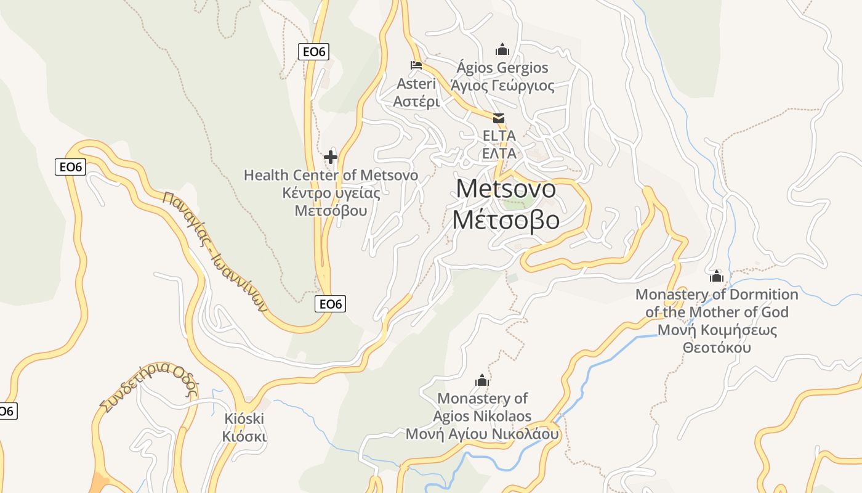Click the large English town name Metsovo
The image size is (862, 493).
tap(506, 189)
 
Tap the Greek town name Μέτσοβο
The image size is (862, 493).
tap(506, 220)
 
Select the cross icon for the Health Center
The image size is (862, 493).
tap(331, 157)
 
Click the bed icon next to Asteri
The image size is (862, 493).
tap(416, 65)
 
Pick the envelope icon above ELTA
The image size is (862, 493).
tap(498, 118)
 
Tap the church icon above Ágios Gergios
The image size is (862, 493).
tap(502, 49)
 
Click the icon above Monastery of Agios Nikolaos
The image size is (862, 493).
tap(481, 380)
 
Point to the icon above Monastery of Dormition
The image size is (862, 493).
tap(716, 275)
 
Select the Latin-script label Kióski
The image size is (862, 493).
tap(244, 419)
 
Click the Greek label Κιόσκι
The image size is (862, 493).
tap(244, 436)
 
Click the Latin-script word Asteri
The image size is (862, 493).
tap(416, 84)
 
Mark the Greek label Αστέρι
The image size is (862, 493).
tap(416, 101)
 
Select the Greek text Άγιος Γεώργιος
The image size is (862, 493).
tap(502, 85)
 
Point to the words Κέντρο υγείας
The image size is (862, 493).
tap(331, 193)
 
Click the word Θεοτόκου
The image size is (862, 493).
tap(717, 347)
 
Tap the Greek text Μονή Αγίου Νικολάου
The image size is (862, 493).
tap(482, 434)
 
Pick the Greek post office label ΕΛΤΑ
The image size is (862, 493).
tap(499, 153)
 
